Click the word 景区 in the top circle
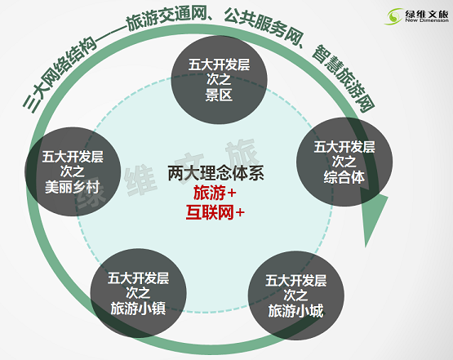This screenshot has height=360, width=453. [x=219, y=95]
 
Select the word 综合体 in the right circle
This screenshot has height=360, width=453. [x=344, y=177]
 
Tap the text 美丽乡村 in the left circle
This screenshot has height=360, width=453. [x=73, y=187]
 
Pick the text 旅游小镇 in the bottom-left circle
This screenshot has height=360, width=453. [x=138, y=309]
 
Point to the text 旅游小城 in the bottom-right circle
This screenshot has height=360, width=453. [x=295, y=311]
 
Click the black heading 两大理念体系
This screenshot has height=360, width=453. [x=216, y=173]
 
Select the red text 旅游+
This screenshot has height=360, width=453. [x=215, y=193]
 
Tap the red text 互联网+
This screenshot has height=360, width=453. [x=215, y=212]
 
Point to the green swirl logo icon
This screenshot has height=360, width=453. [x=393, y=16]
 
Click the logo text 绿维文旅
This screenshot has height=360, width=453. [x=427, y=14]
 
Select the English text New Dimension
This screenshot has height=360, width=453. [x=427, y=20]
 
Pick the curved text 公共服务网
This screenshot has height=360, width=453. [x=263, y=26]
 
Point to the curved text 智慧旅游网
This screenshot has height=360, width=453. [x=344, y=78]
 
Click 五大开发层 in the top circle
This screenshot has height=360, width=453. [x=219, y=64]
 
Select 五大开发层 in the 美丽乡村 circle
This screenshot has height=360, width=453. [x=73, y=157]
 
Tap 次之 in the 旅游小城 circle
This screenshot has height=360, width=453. [x=295, y=296]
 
